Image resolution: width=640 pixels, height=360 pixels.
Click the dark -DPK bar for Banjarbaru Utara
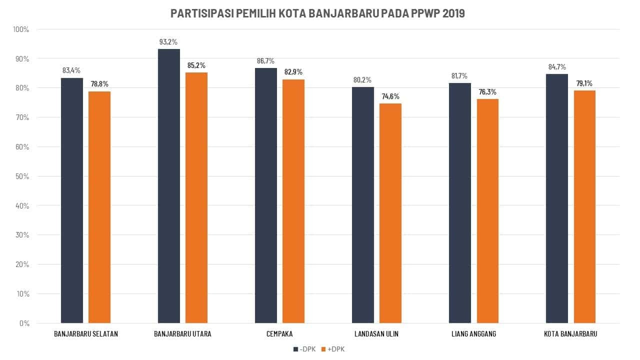169,185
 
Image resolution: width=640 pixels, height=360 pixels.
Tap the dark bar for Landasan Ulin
363,205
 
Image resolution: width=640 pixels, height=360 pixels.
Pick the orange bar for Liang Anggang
487,210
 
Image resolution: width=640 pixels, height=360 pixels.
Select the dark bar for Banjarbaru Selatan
72,200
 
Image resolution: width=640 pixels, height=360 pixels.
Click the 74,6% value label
390,96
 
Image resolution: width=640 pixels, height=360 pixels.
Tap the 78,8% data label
99,84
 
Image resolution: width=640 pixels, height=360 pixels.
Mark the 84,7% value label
556,67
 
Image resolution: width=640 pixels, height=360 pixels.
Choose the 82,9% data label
293,72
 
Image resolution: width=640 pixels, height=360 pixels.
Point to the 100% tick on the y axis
21,29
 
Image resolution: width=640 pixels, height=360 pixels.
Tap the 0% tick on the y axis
24,323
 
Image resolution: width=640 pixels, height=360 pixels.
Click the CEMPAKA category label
280,334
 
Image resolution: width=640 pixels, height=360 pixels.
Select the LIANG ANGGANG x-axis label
473,334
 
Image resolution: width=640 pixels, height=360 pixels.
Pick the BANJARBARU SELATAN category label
86,334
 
